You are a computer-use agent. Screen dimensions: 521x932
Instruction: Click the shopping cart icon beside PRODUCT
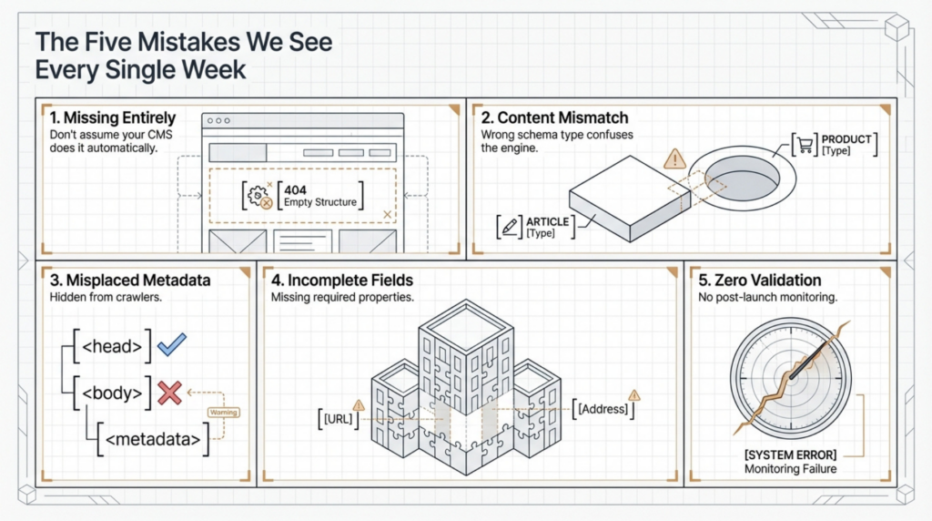805,144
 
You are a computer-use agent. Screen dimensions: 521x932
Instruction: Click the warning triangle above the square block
674,160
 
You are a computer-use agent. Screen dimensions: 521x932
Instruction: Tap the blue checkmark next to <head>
171,344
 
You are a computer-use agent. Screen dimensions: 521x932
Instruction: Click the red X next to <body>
169,393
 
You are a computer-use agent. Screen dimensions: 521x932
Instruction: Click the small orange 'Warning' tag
224,413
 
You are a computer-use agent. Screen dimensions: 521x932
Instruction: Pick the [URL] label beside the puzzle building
339,420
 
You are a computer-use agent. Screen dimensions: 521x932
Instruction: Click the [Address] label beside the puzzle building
603,409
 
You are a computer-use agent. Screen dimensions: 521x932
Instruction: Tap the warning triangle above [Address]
634,394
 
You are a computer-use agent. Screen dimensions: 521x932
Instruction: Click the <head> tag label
112,346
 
